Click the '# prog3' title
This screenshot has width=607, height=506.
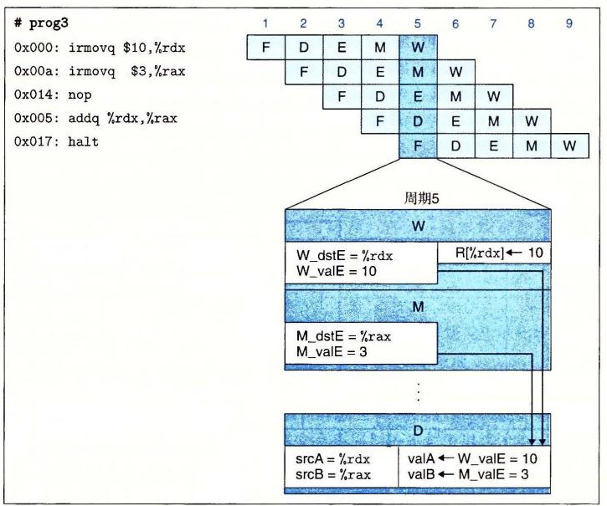pyautogui.click(x=41, y=23)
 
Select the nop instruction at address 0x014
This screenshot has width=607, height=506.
pyautogui.click(x=80, y=95)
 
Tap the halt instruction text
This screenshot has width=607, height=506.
pyautogui.click(x=83, y=141)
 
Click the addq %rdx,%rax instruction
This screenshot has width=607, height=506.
pyautogui.click(x=122, y=118)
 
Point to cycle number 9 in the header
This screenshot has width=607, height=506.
pyautogui.click(x=568, y=23)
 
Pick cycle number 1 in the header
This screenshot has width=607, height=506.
pyautogui.click(x=265, y=23)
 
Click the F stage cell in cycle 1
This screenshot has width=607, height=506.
pyautogui.click(x=266, y=47)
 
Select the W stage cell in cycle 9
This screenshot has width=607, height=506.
pyautogui.click(x=569, y=146)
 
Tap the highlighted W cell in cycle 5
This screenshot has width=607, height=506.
pyautogui.click(x=418, y=47)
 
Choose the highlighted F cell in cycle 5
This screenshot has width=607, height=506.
pyautogui.click(x=418, y=146)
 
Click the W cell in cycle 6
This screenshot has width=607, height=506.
pyautogui.click(x=455, y=72)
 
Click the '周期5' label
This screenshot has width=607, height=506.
pyautogui.click(x=422, y=198)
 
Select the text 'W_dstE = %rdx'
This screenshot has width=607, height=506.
pyautogui.click(x=345, y=256)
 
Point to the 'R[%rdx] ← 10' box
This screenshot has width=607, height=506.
pyautogui.click(x=494, y=253)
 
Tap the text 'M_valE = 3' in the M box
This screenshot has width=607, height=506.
pyautogui.click(x=332, y=351)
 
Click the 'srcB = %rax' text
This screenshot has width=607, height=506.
pyautogui.click(x=333, y=475)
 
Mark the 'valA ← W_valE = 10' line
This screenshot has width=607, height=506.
pyautogui.click(x=472, y=459)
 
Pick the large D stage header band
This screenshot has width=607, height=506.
pyautogui.click(x=417, y=430)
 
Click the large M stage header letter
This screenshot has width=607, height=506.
pyautogui.click(x=418, y=307)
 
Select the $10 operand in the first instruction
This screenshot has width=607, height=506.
pyautogui.click(x=134, y=48)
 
